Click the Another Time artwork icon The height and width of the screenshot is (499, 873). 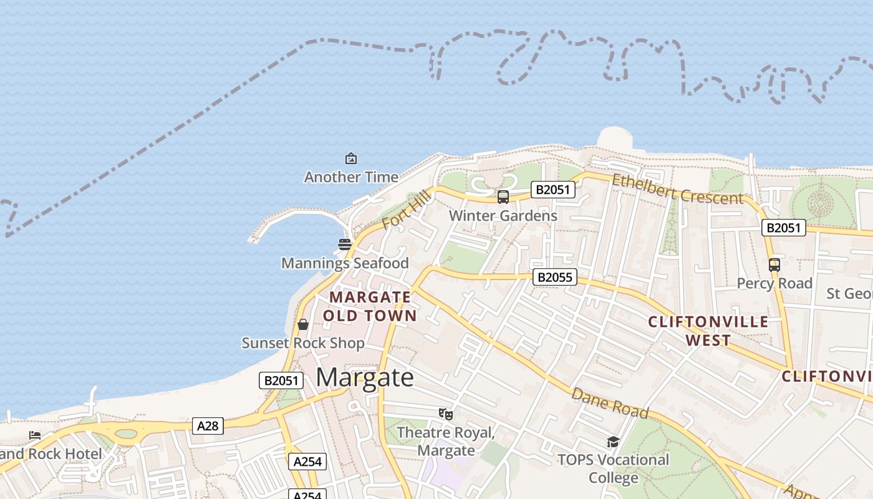point(351,158)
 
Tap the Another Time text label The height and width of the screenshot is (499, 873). point(351,177)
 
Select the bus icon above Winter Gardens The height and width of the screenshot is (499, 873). point(503,197)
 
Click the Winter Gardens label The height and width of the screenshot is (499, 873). point(503,216)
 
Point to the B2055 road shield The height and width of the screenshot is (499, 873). point(554,277)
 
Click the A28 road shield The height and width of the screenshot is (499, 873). point(208,426)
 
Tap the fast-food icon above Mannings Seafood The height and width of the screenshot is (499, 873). point(345,244)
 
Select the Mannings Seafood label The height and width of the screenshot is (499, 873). point(345,263)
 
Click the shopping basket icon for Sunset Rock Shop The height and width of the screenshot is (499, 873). point(303,324)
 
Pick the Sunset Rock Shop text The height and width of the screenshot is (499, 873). point(303,343)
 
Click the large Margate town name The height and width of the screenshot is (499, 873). point(365,377)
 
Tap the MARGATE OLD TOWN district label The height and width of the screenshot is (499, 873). point(370,306)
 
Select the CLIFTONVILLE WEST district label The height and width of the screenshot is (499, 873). point(708,331)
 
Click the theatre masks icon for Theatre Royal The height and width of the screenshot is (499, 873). point(445,414)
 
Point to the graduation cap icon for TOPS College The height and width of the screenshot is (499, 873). point(613,442)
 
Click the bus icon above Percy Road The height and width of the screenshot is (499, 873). point(774,264)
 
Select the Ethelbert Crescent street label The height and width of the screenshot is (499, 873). point(678,189)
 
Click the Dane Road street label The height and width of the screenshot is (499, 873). point(610,404)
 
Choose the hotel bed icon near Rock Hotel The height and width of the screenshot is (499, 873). point(35,435)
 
